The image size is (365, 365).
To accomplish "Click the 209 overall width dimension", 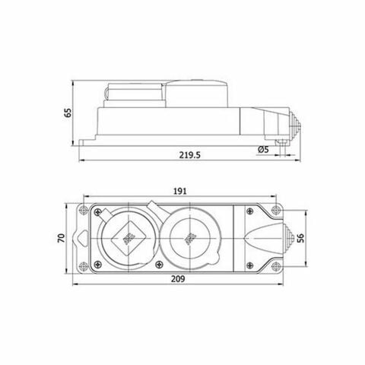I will (x=180, y=280).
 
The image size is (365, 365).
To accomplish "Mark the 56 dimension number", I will (x=302, y=237).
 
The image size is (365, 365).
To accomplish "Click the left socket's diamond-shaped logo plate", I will (x=125, y=239).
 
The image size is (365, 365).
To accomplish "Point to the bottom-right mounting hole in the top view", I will (x=278, y=267).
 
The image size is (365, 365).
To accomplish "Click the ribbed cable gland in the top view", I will (x=287, y=237).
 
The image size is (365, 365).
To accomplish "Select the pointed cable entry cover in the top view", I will (x=263, y=237).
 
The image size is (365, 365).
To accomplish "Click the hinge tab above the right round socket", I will (x=157, y=207).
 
